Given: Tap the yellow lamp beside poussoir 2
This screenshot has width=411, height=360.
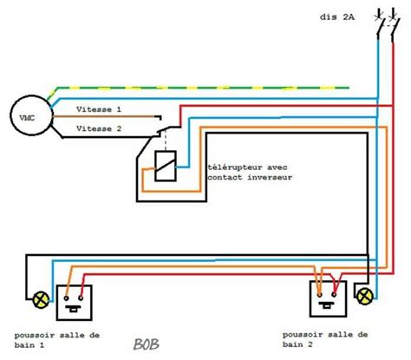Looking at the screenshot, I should click(x=363, y=297).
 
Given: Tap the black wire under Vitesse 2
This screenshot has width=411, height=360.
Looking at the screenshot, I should click(x=104, y=136).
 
